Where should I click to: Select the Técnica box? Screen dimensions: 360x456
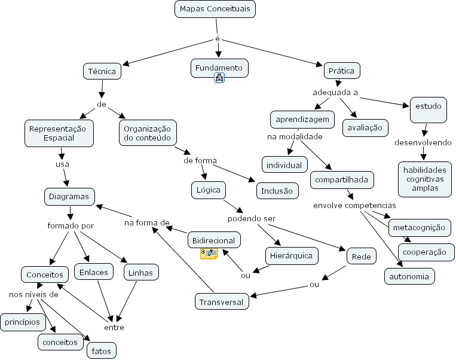[x=102, y=71]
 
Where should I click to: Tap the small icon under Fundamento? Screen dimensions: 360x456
[x=219, y=78]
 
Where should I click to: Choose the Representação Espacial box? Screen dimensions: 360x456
[x=59, y=133]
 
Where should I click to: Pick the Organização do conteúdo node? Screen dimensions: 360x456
[x=147, y=133]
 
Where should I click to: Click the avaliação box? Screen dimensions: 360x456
[x=365, y=127]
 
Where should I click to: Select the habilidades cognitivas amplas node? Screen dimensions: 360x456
[x=421, y=179]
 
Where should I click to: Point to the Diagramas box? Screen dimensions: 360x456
[x=69, y=196]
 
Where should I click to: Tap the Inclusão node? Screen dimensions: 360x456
[x=277, y=191]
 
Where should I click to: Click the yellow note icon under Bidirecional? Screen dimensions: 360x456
[x=209, y=254]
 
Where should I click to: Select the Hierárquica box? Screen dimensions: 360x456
[x=292, y=256]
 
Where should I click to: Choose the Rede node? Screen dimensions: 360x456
[x=361, y=257]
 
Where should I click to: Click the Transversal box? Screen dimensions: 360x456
[x=222, y=302]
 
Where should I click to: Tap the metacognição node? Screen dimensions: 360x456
[x=419, y=227]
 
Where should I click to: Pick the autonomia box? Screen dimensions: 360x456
[x=409, y=277]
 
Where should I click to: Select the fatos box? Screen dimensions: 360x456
[x=101, y=350]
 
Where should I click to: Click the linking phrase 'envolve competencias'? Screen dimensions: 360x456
[x=354, y=206]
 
